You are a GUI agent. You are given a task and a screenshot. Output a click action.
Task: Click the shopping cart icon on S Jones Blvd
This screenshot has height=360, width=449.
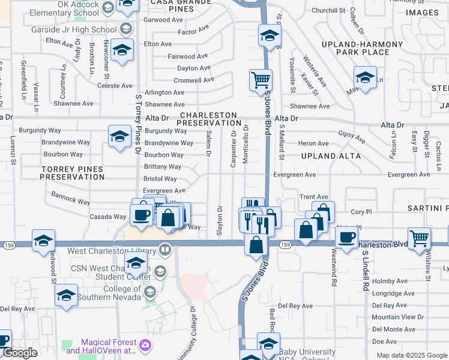pos(261,80)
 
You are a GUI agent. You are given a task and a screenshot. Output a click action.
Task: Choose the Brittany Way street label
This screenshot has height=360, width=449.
pos(162,167)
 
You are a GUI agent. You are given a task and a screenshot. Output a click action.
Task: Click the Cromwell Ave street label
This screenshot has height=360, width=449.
pos(193,80)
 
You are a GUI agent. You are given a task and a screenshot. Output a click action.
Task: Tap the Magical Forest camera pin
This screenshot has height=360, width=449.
pos(145,345)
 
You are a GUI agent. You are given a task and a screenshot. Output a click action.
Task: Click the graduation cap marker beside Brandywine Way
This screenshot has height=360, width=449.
pos(119,137)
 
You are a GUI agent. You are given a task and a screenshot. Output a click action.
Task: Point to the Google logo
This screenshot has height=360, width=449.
pos(20,353)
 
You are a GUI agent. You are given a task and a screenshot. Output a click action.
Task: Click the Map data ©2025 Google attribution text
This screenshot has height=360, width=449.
pos(412,355)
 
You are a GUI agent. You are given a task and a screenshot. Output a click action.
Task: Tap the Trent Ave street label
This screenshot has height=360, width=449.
pos(314,197)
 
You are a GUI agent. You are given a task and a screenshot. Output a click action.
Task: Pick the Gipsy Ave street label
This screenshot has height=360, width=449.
pos(352,137)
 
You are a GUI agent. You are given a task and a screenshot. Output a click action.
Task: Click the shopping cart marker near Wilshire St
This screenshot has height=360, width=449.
pos(418,238)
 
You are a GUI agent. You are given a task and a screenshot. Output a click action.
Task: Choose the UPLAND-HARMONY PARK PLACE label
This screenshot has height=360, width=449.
pos(363,49)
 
